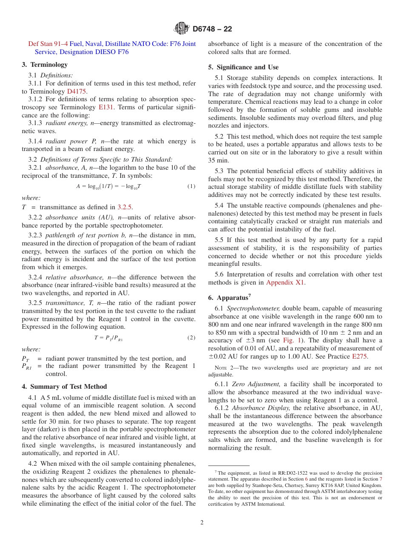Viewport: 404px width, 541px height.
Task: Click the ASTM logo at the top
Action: pos(182,28)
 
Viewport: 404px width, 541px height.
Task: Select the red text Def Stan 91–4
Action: pos(48,44)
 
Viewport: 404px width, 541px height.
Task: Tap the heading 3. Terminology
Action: pos(45,65)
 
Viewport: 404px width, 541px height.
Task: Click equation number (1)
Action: pos(191,186)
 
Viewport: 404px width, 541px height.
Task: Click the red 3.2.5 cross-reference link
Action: pos(125,207)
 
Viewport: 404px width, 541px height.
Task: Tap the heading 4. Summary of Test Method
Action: pos(64,387)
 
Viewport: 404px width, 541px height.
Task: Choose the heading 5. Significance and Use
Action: pos(243,67)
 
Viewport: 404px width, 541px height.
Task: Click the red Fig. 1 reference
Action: pos(292,340)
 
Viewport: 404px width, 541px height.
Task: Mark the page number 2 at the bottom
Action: pos(202,523)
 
